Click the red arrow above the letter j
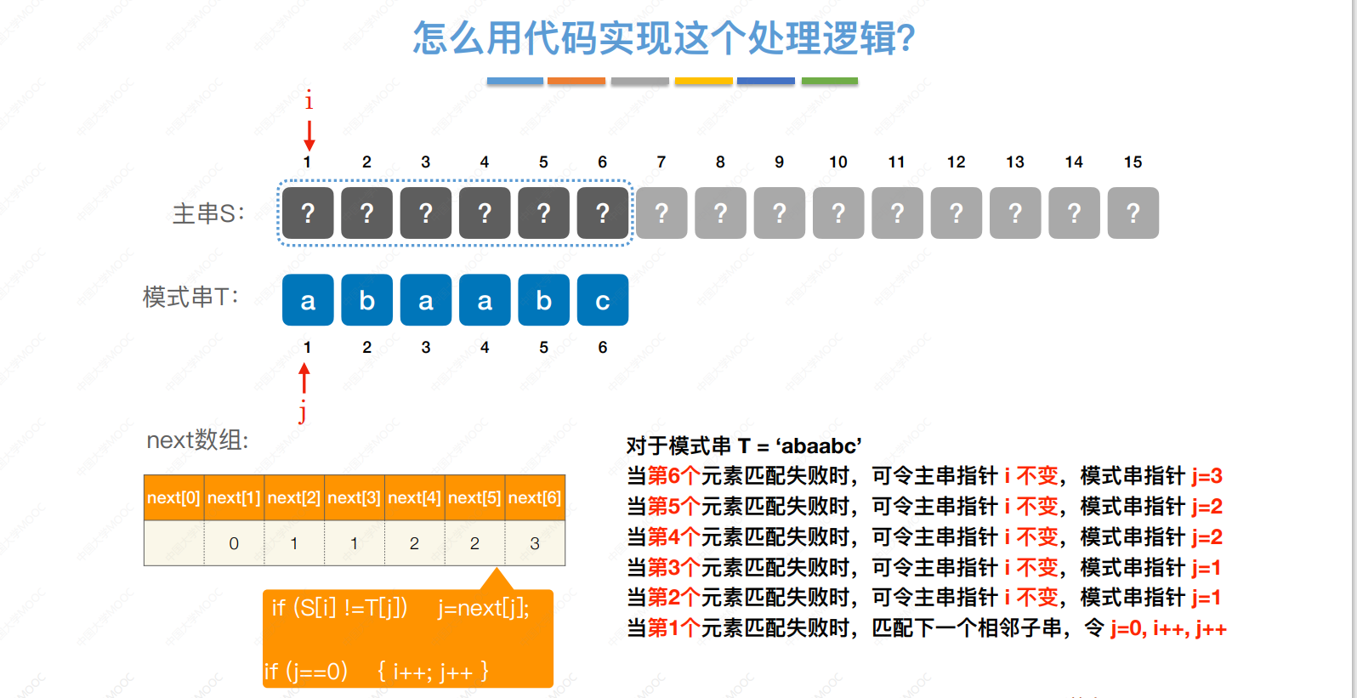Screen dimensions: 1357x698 [304, 378]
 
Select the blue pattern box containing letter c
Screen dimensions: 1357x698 [603, 300]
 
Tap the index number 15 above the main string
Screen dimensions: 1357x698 [1133, 162]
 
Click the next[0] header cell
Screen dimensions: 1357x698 [173, 497]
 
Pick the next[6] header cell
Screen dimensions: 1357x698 [535, 497]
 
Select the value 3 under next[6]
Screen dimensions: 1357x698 [535, 543]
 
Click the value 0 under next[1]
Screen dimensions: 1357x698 [234, 543]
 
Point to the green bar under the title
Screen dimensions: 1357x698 [829, 81]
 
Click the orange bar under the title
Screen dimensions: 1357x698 [576, 81]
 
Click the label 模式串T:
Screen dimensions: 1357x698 [190, 297]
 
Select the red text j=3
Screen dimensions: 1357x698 [1207, 476]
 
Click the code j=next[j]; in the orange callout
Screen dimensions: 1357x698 [484, 608]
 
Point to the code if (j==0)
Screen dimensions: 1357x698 [306, 672]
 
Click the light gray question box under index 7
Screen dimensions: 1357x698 [661, 213]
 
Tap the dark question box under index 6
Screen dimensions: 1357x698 [603, 213]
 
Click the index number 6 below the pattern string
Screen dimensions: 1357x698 [603, 347]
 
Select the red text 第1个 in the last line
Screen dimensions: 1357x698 [674, 628]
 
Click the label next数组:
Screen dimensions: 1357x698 [197, 440]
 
